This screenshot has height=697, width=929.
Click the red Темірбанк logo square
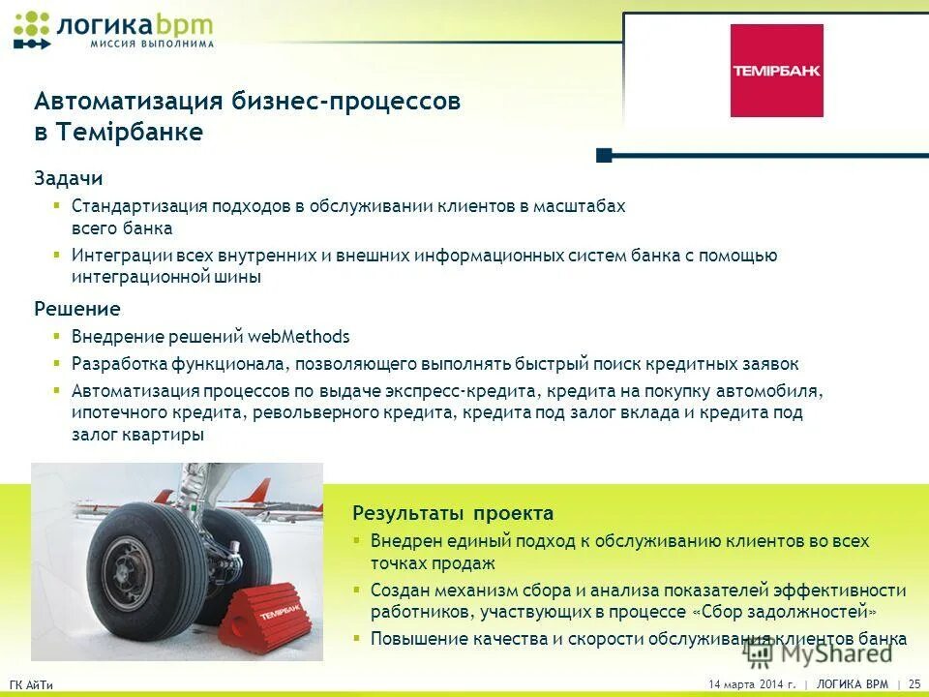pos(776,71)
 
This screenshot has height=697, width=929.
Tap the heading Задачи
pos(69,179)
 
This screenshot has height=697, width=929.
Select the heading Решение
pos(77,309)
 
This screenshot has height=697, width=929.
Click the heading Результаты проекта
pos(453,513)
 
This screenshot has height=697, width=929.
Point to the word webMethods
pos(299,337)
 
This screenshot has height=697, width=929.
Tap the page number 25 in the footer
pos(914,684)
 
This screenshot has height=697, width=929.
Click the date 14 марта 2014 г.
pos(752,684)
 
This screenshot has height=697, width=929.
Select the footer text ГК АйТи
pos(31,685)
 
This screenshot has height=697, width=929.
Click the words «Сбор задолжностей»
pos(785,612)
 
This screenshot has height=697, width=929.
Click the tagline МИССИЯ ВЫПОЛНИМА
pos(152,44)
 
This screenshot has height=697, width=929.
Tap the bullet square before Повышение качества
pos(356,639)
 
